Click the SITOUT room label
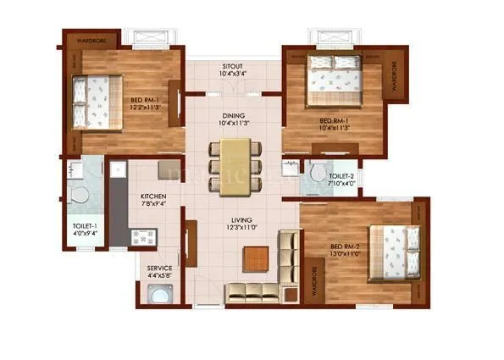pos(233,65)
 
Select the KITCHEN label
pos(153,197)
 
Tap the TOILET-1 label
pos(85,224)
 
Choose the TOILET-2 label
pos(341,175)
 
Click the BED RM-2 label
pos(346,247)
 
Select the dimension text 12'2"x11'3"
pos(146,107)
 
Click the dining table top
pos(236,166)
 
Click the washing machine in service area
pos(158,294)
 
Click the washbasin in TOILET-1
pos(71,169)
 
